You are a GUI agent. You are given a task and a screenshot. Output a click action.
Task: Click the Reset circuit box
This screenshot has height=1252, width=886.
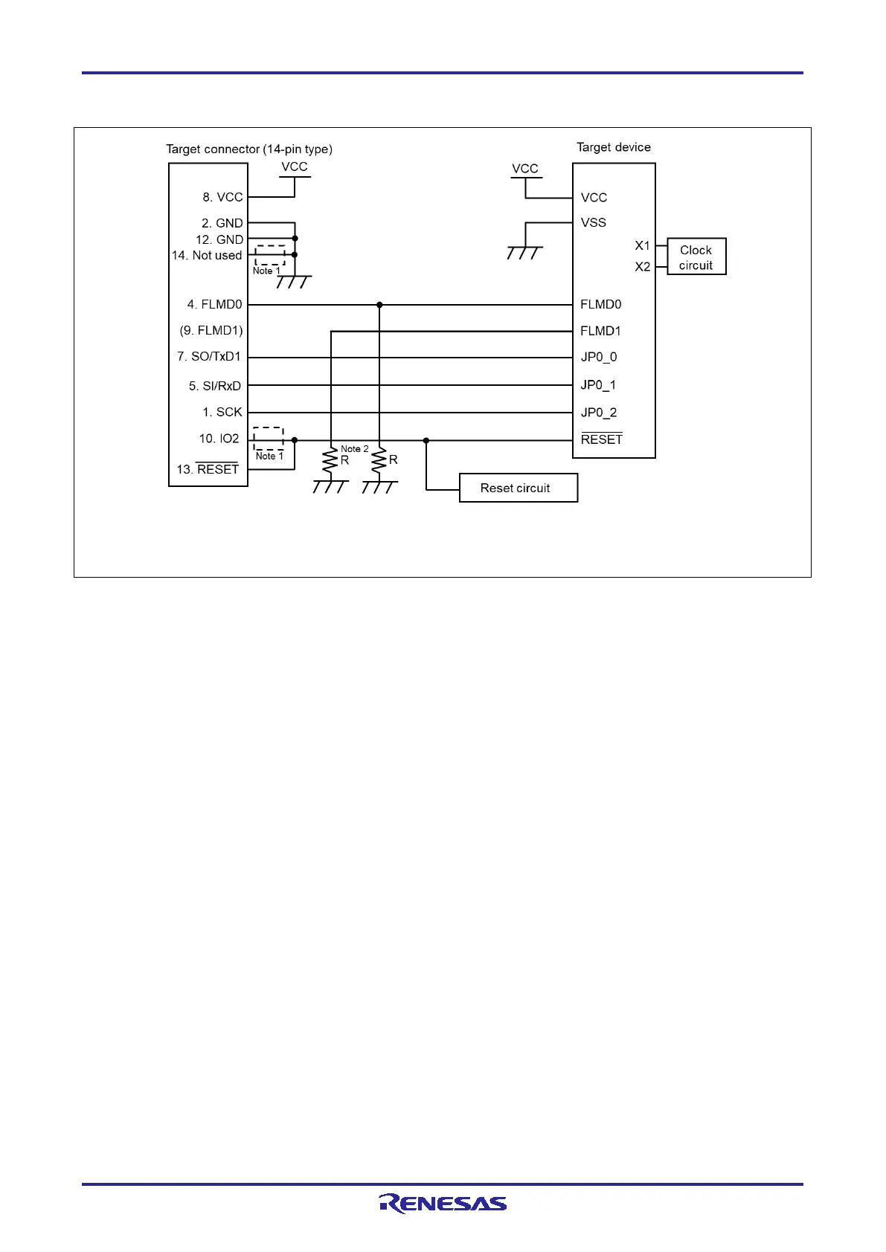point(518,488)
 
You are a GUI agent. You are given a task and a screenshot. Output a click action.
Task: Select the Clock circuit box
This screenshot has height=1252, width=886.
point(696,257)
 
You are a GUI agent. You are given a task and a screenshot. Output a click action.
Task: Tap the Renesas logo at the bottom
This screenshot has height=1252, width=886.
point(443,1203)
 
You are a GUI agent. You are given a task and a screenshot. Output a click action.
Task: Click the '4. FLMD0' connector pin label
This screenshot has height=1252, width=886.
point(214,304)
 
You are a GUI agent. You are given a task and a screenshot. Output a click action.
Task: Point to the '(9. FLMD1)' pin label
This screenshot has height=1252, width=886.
point(211,330)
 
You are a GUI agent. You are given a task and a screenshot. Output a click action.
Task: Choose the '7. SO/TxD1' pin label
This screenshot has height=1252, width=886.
point(209,356)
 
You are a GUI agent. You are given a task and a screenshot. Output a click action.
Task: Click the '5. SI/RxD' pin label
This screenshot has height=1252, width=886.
point(215,386)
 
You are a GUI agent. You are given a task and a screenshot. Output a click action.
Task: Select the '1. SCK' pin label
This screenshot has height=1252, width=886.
point(222,412)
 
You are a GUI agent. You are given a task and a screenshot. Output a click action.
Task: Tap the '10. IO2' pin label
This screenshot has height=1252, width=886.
point(219,439)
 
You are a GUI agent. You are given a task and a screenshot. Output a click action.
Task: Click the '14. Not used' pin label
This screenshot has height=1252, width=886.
point(207,255)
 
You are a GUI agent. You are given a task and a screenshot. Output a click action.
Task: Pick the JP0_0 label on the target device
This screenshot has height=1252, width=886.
point(599,357)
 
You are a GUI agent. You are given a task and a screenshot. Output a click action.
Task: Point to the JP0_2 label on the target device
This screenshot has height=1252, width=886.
point(599,413)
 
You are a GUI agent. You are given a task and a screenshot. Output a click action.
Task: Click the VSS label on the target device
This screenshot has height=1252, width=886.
point(594,222)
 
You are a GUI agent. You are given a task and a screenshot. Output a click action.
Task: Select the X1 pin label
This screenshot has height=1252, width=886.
point(642,245)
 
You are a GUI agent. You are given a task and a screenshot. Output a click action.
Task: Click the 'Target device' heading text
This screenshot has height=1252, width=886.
point(613,147)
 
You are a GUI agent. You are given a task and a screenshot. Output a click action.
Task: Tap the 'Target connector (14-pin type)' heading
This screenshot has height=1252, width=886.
point(248,149)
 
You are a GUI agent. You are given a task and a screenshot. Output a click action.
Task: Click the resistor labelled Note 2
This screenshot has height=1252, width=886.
point(330,461)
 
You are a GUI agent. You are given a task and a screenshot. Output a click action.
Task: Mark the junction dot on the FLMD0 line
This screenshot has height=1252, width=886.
point(379,305)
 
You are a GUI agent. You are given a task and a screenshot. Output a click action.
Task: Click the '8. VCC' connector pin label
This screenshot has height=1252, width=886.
point(222,197)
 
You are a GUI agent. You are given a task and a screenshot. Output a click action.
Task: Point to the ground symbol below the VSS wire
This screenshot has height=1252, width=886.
point(524,253)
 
